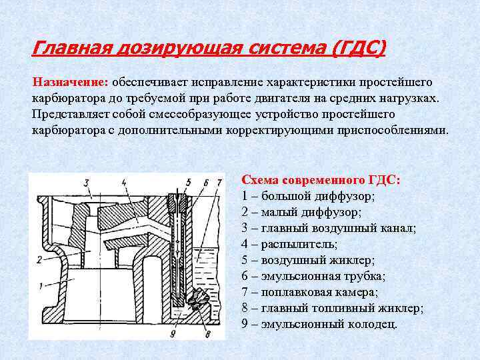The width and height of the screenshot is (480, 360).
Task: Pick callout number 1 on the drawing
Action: (41, 286)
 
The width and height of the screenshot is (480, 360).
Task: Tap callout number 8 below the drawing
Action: (207, 333)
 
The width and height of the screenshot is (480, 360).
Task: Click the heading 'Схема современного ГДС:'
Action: (321, 181)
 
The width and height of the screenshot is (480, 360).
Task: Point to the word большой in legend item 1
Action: (287, 197)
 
